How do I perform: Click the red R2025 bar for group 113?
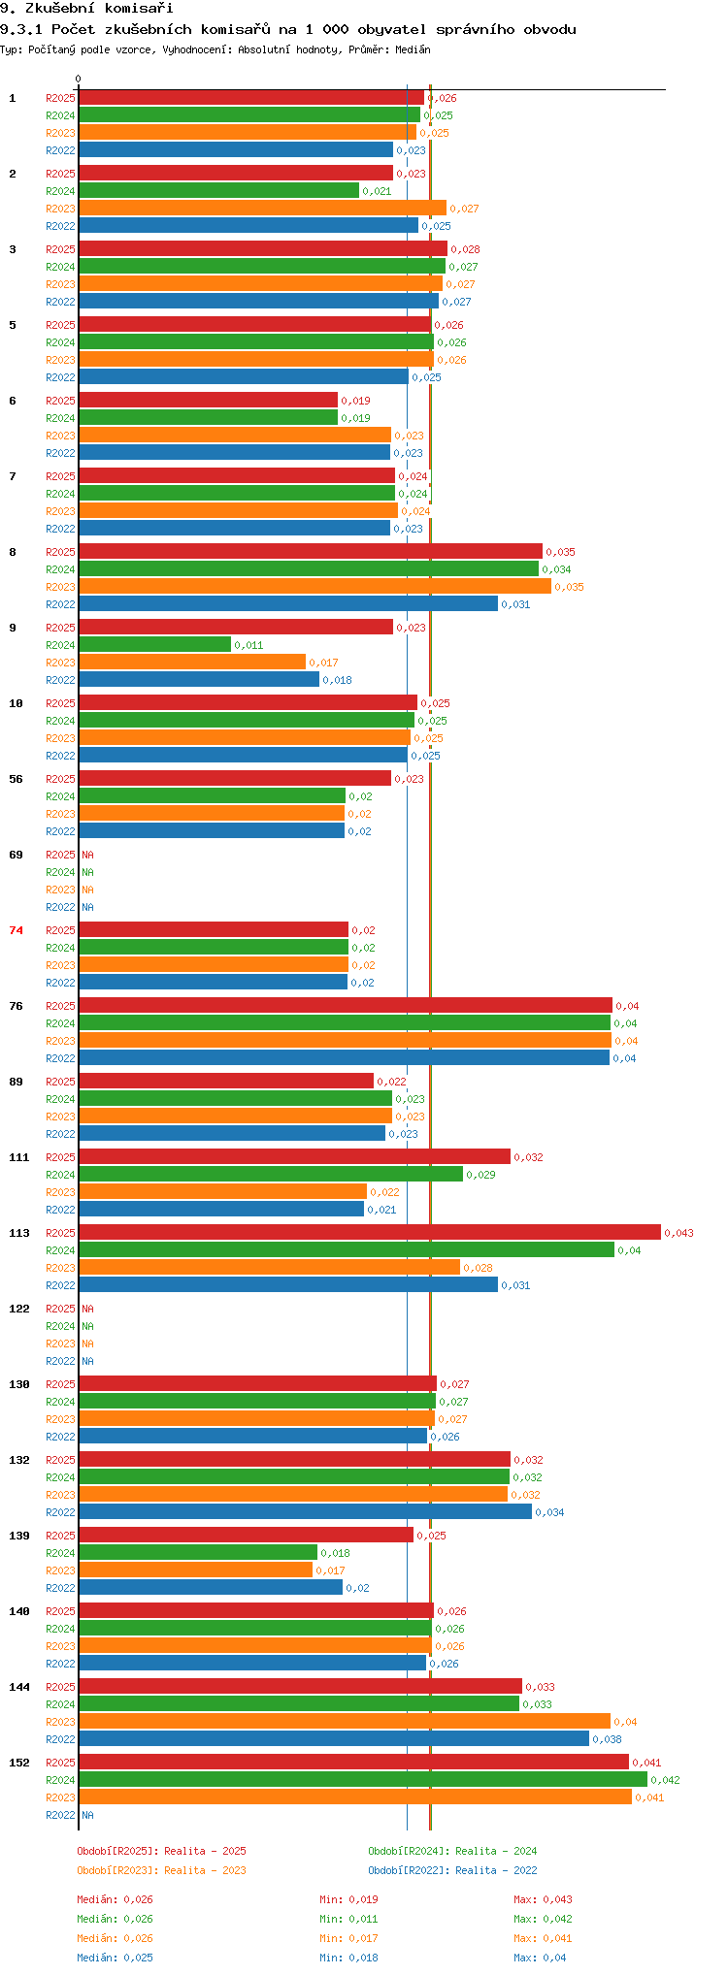point(370,1232)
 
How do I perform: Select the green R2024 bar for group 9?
point(155,644)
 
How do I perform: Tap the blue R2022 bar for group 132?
point(306,1511)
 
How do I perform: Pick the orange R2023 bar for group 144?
point(345,1721)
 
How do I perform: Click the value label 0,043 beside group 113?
point(679,1233)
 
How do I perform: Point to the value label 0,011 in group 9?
point(249,645)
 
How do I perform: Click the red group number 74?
point(16,930)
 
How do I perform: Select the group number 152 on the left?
point(19,1763)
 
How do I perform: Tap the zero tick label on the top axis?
point(79,79)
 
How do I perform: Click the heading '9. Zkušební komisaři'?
point(86,9)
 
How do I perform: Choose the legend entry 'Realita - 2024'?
point(496,1851)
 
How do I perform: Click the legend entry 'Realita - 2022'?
point(496,1870)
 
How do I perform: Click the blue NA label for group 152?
point(87,1815)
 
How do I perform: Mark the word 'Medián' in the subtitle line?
point(413,49)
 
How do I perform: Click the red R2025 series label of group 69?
point(60,855)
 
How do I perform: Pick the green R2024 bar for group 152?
point(363,1779)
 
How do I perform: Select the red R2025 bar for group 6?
point(208,400)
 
